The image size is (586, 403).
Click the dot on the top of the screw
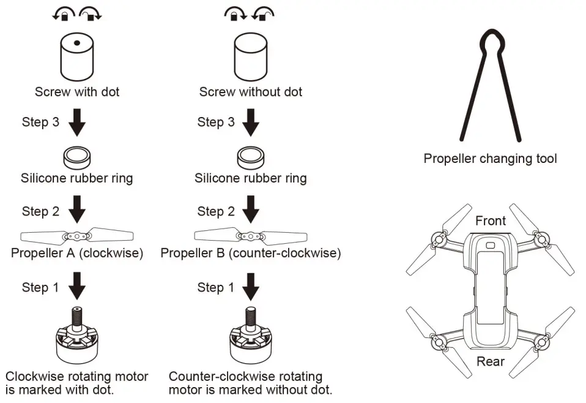[x=77, y=43]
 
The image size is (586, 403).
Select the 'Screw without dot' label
[x=251, y=92]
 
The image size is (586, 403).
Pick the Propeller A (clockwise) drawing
[x=77, y=235]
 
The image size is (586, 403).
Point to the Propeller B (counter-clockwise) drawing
[x=250, y=235]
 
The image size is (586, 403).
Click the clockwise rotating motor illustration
[x=77, y=341]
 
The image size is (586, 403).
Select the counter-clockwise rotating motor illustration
[x=250, y=341]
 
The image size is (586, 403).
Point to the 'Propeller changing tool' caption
[x=491, y=159]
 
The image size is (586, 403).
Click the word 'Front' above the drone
[x=491, y=220]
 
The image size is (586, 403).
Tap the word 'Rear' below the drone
[x=491, y=361]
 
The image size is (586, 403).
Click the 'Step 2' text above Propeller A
[x=41, y=212]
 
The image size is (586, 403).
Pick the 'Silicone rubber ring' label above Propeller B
[x=251, y=179]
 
